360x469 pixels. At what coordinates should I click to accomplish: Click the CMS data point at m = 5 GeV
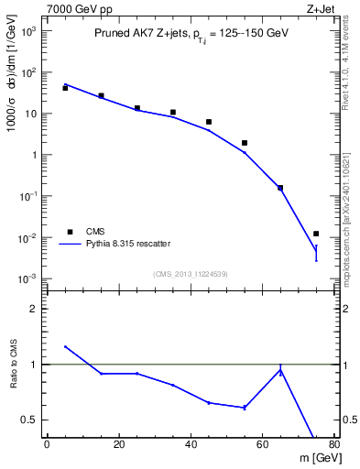(65, 88)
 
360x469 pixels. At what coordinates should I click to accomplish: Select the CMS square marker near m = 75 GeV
(316, 234)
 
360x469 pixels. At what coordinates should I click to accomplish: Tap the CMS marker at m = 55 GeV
(245, 143)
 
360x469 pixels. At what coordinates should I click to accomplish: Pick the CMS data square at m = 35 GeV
(172, 113)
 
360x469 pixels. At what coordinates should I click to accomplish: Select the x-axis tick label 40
(191, 446)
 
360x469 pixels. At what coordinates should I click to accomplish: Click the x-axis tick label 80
(334, 446)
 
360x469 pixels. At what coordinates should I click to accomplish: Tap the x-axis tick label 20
(118, 446)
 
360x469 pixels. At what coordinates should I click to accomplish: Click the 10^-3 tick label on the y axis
(29, 278)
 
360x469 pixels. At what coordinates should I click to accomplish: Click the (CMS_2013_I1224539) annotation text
(190, 274)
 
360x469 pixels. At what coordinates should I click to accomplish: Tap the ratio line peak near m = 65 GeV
(280, 370)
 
